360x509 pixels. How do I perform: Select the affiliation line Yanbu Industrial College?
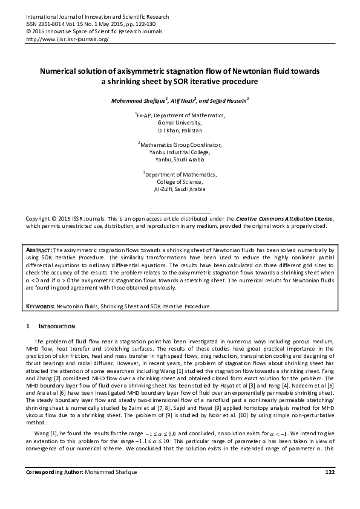[x=179, y=152]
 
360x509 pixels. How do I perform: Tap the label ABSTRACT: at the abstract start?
[x=40, y=249]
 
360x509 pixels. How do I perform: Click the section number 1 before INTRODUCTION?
[x=27, y=327]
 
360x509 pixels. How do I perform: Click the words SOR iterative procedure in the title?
[x=217, y=81]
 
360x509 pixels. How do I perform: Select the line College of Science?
[x=179, y=182]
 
